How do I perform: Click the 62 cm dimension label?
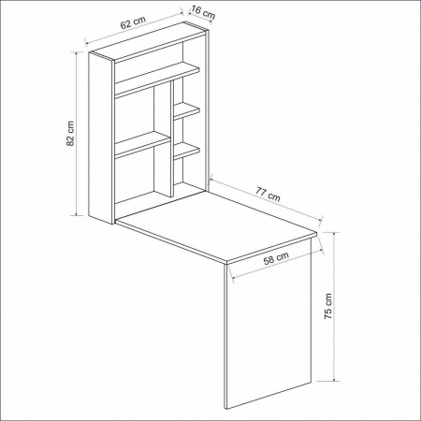tap(133, 22)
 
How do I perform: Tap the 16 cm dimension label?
tap(203, 12)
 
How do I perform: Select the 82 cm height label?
tap(70, 134)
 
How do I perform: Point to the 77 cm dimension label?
tap(268, 194)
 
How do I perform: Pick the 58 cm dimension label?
tap(276, 258)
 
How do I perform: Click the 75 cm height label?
tap(328, 306)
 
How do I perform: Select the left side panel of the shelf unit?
tap(100, 138)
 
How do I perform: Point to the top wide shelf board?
tap(157, 79)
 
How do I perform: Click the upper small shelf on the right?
tap(186, 111)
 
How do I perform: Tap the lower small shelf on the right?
tap(186, 151)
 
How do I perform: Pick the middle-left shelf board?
tap(142, 144)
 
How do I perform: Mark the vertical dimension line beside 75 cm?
tap(334, 307)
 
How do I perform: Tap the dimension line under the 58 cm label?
tap(276, 265)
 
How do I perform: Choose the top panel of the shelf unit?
tap(149, 40)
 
